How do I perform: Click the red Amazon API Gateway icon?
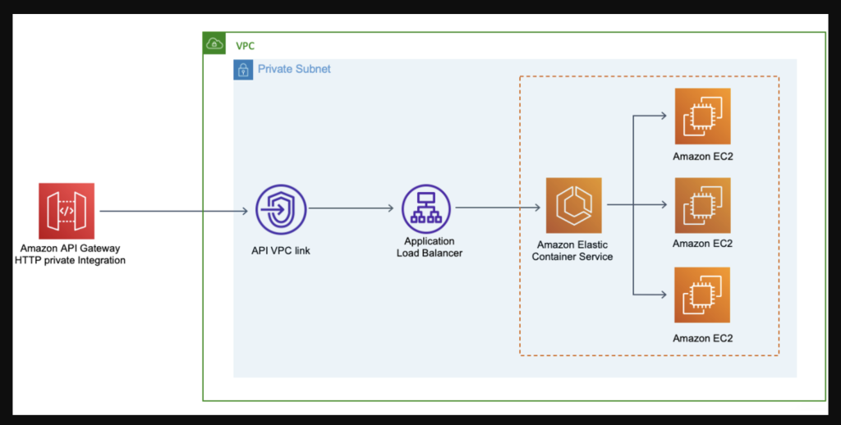[67, 211]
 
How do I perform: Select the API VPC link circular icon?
[281, 211]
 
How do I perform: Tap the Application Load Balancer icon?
[426, 208]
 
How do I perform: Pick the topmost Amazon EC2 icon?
[702, 117]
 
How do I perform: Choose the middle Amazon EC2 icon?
[702, 205]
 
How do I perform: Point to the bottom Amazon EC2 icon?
[702, 295]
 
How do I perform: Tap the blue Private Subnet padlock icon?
[244, 70]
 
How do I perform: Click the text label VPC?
[245, 46]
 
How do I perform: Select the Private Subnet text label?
[294, 70]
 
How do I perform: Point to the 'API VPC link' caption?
[281, 250]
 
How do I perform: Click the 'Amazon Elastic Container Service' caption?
[572, 250]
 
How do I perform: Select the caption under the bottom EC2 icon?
[702, 338]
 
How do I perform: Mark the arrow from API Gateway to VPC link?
[172, 212]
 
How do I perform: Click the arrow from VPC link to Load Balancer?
[352, 208]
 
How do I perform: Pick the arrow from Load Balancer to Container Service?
[498, 208]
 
